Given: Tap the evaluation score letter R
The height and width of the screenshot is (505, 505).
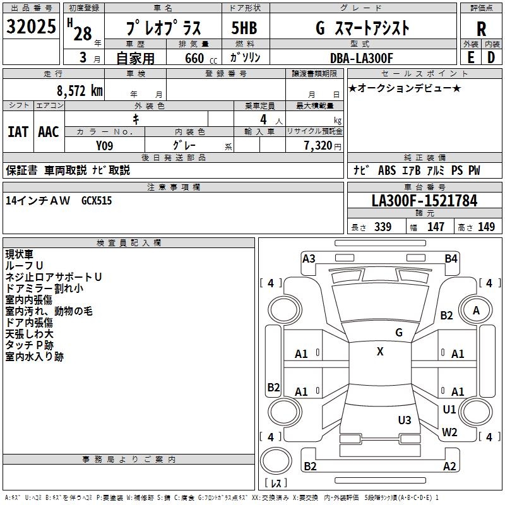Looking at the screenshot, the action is tap(481, 29).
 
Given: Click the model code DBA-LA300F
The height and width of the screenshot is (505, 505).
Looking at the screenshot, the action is tap(362, 58).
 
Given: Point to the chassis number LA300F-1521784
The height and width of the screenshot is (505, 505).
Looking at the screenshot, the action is tap(424, 201).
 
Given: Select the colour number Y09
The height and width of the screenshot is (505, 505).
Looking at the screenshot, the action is tap(105, 146).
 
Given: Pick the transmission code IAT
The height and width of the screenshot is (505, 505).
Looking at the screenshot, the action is tap(18, 132).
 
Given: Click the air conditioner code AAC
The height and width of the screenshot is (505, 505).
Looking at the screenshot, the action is tap(49, 132).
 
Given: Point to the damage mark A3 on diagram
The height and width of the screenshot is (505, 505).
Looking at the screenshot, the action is tap(309, 258).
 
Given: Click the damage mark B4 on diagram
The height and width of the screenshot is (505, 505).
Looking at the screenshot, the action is tap(451, 258).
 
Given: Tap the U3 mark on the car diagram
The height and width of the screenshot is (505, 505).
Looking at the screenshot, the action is tap(405, 420).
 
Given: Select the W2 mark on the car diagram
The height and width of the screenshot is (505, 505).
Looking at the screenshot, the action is tap(449, 432).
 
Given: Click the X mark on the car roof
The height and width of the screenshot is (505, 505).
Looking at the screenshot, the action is tap(380, 352).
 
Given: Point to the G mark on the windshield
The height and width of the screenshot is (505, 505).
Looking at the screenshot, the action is tap(399, 333).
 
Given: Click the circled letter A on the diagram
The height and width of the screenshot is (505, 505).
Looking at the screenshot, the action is tap(476, 310).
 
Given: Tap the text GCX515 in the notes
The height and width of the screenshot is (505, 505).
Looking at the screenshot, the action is tap(97, 200).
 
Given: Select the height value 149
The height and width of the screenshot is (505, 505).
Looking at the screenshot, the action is tap(486, 227).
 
